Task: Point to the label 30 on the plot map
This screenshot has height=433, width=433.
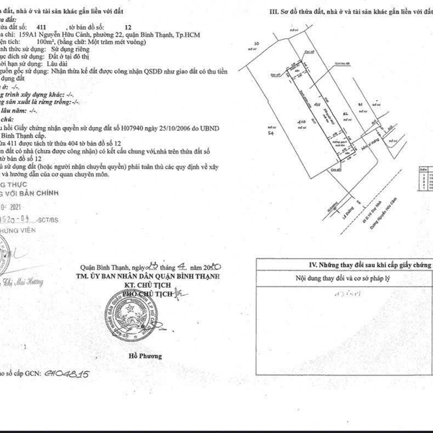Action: (258, 43)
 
